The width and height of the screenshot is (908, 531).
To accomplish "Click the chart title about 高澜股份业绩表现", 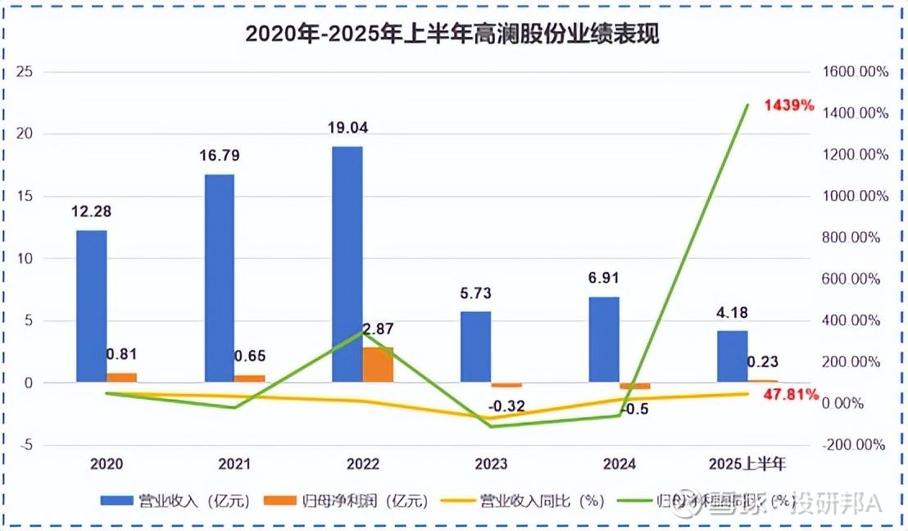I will (453, 34).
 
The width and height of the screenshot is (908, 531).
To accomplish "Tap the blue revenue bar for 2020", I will (92, 306).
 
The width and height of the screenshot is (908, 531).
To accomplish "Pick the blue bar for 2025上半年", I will (732, 356).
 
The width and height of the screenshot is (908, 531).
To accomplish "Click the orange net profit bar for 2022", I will (378, 365).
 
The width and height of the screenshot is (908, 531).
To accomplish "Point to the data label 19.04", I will (347, 127).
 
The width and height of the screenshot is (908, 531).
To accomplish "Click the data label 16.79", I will (219, 156).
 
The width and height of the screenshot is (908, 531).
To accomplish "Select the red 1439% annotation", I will (789, 105).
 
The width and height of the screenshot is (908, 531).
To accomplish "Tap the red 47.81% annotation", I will (791, 394).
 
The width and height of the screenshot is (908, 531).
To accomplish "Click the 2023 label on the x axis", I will (491, 464).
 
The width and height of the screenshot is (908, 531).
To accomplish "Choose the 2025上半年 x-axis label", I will (747, 464).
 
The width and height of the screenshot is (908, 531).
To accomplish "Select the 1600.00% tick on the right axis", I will (855, 71).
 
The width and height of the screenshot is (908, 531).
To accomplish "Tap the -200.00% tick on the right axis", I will (855, 445).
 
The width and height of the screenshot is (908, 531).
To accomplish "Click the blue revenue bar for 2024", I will (603, 339).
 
